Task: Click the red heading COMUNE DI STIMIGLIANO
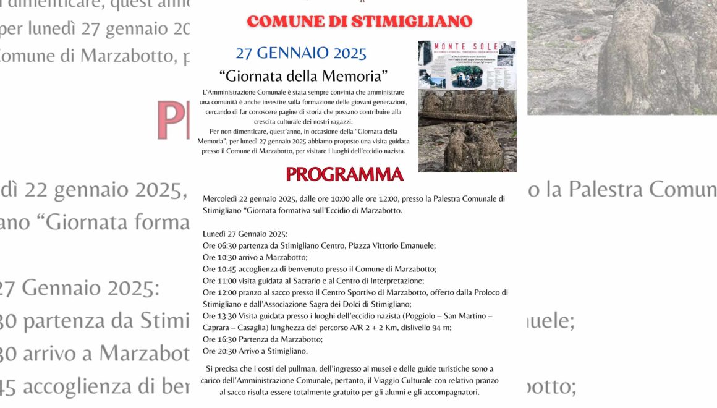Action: pyautogui.click(x=359, y=22)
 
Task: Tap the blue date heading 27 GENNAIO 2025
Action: pyautogui.click(x=301, y=53)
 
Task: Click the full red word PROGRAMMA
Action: pyautogui.click(x=344, y=174)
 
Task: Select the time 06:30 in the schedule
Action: pyautogui.click(x=228, y=245)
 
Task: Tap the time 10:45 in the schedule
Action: pyautogui.click(x=228, y=269)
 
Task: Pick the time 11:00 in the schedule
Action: pyautogui.click(x=228, y=281)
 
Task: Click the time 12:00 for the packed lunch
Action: pyautogui.click(x=228, y=292)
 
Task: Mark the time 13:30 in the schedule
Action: pyautogui.click(x=228, y=316)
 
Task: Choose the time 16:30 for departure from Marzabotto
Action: pyautogui.click(x=228, y=339)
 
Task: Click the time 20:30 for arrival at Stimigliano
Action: pyautogui.click(x=228, y=351)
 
